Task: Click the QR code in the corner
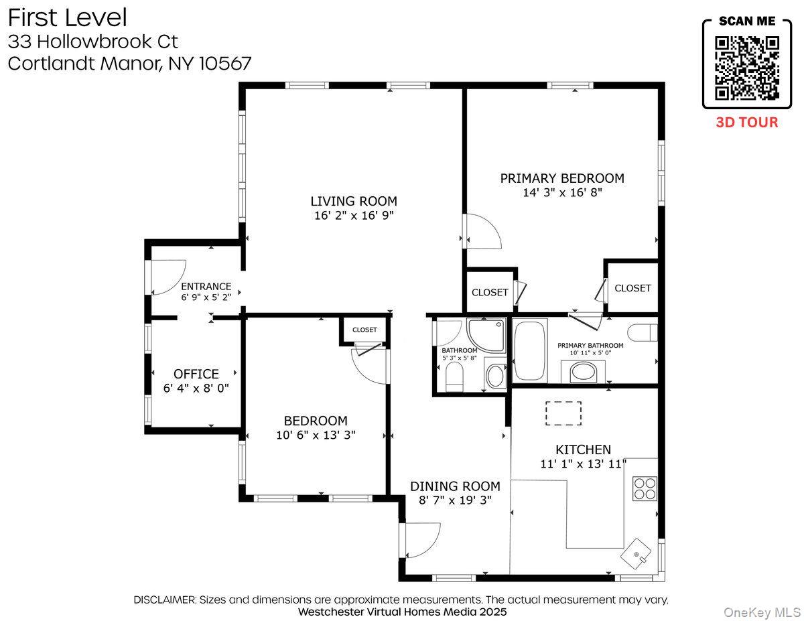point(747,68)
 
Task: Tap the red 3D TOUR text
point(747,123)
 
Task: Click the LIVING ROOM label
point(353,201)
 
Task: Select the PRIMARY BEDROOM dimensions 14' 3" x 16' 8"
point(562,193)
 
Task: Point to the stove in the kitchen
point(645,488)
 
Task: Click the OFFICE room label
point(196,374)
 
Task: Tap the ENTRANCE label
point(206,287)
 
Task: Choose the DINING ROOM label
point(455,486)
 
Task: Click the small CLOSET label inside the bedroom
point(364,330)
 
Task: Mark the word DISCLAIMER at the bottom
point(164,600)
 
